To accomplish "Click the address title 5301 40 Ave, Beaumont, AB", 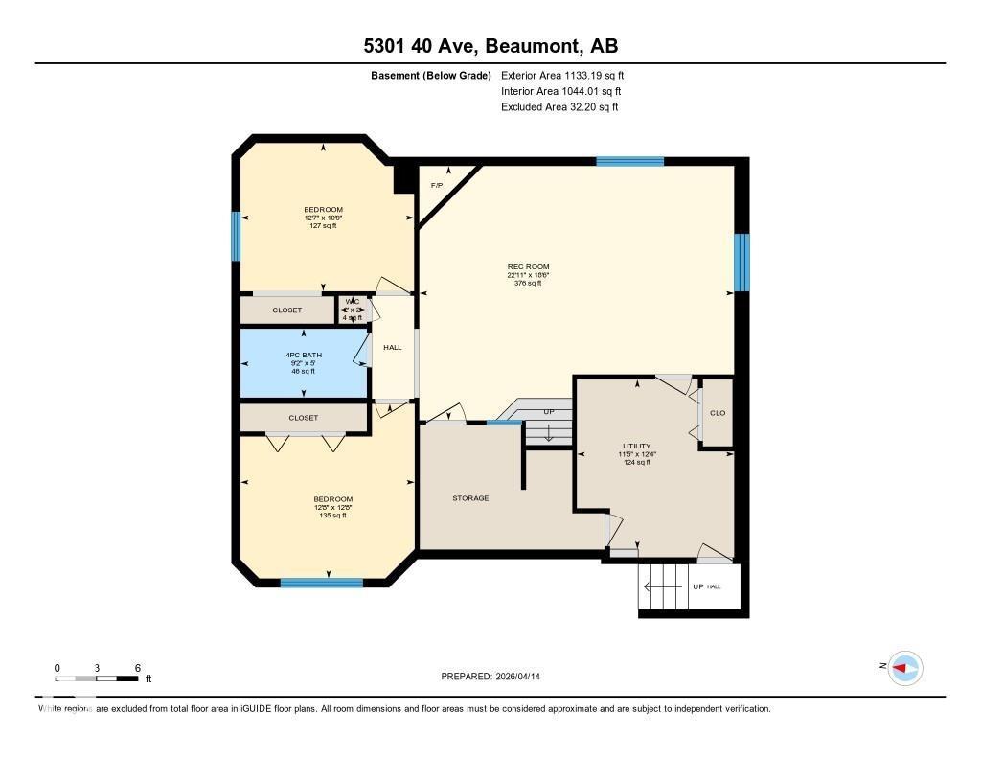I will pos(490,46).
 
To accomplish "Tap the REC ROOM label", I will pos(528,267).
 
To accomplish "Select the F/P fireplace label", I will pos(437,185).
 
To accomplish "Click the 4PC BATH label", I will pos(304,355).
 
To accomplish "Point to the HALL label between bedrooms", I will pos(393,347).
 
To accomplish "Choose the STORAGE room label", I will pos(470,498).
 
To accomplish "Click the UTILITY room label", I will pos(636,446).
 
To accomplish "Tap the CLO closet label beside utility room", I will pos(718,413).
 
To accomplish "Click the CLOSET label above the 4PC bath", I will pos(287,310).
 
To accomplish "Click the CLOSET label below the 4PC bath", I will pos(303,418).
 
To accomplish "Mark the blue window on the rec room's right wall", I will pos(741,262).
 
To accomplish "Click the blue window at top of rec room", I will pos(629,161).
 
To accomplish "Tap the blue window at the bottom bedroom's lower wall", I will pos(321,582).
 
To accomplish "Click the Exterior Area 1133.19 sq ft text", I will pos(562,75).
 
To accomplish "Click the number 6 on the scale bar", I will pos(138,668).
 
